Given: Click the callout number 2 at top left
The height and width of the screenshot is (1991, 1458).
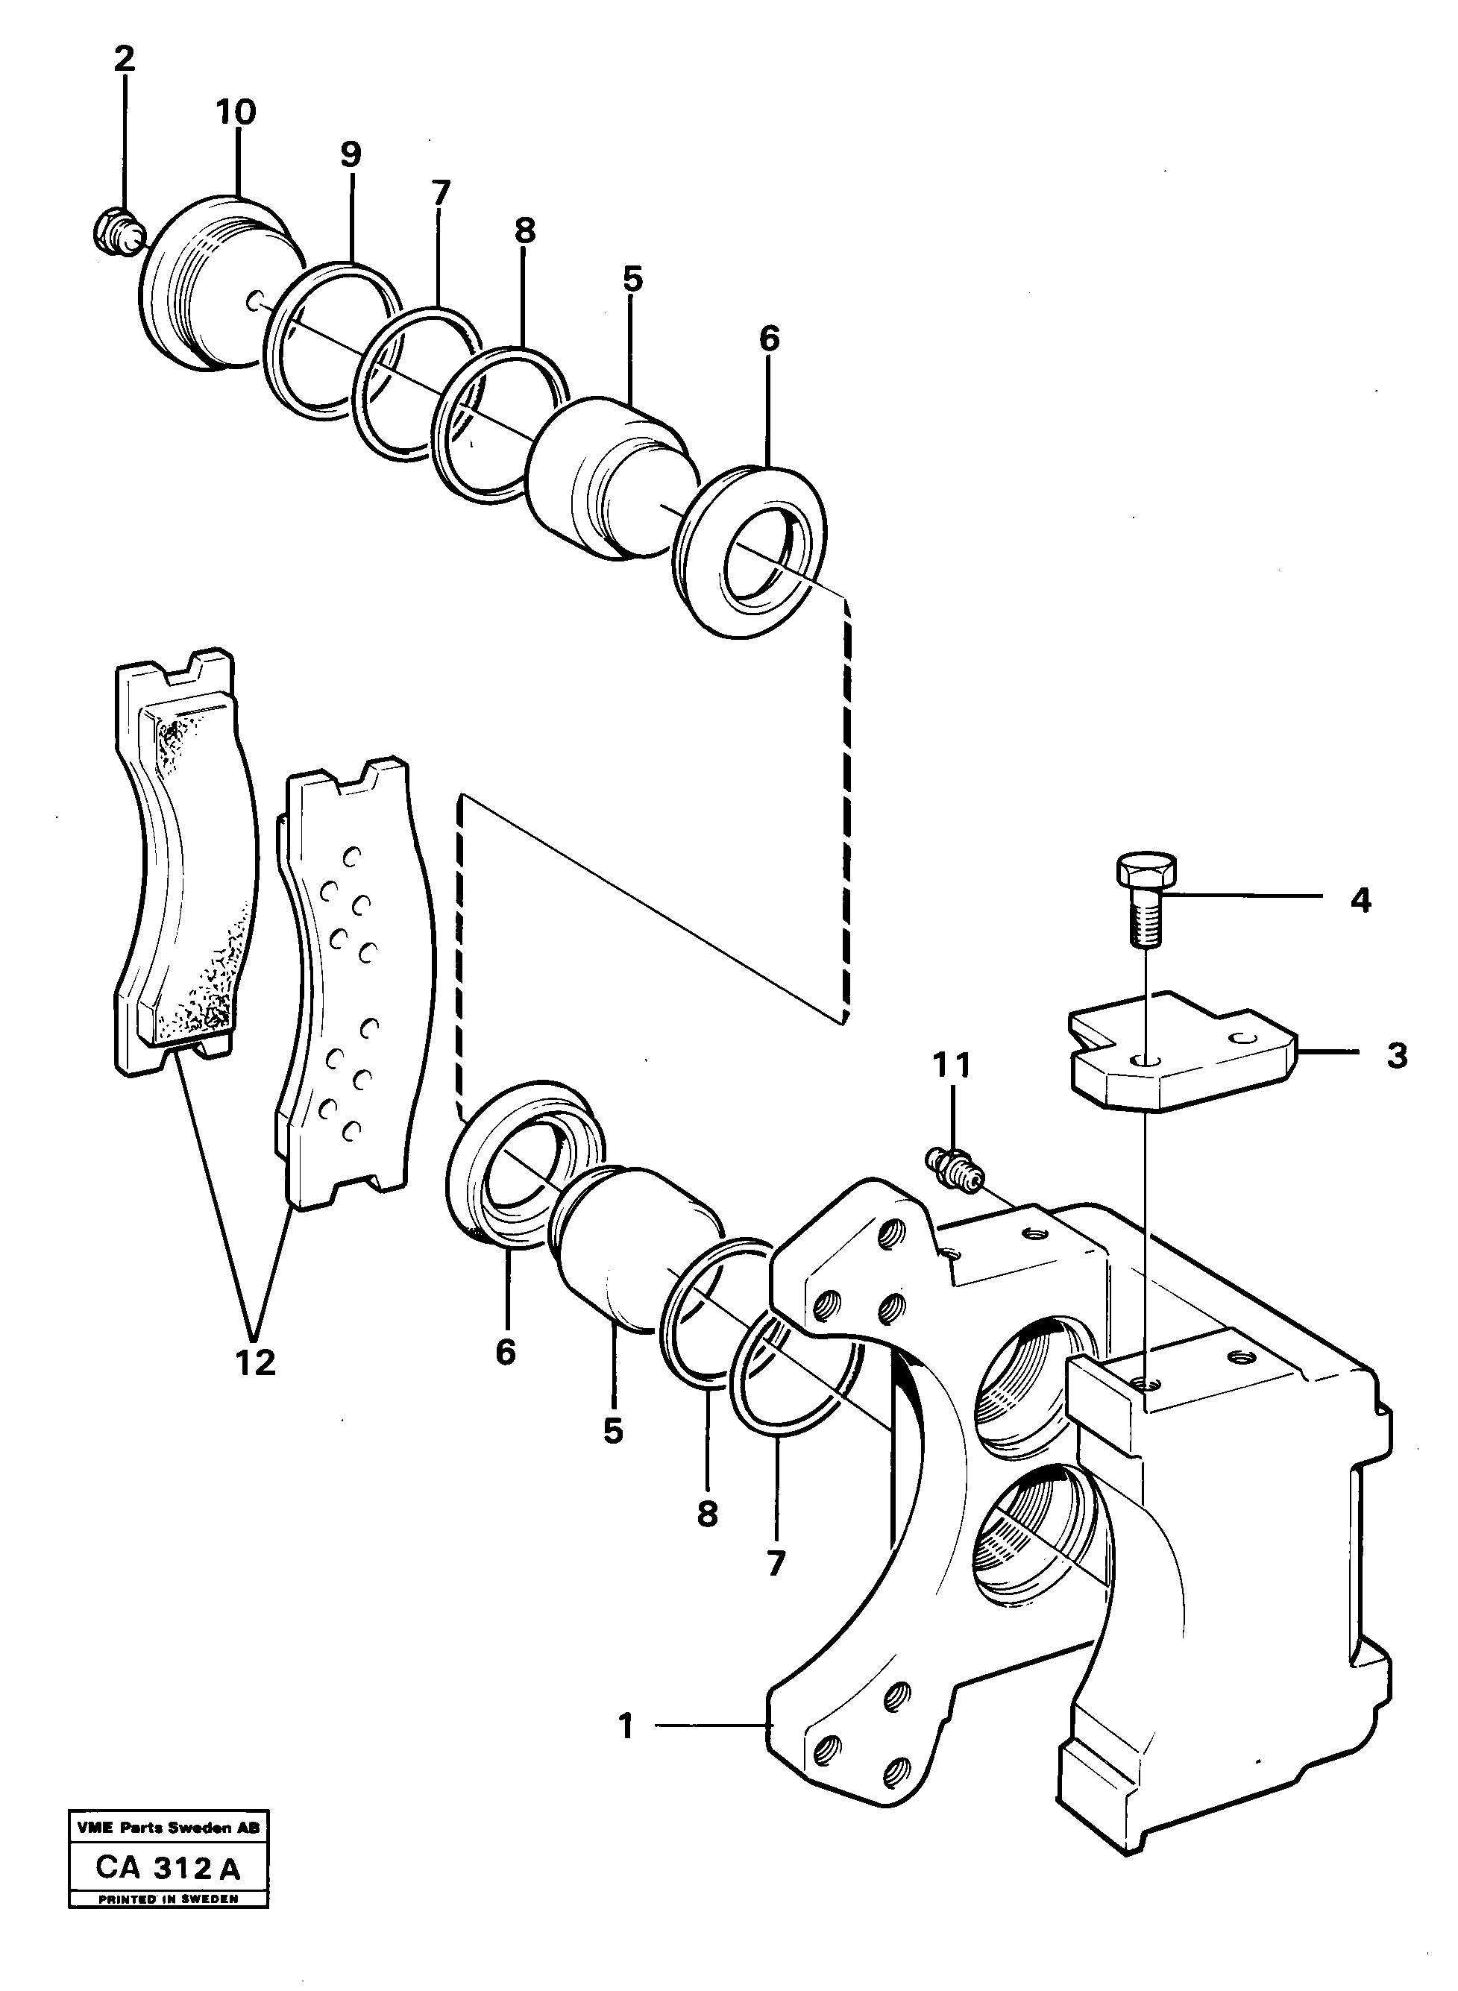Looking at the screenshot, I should tap(125, 60).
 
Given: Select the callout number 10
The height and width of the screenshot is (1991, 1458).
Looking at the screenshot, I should tap(236, 113).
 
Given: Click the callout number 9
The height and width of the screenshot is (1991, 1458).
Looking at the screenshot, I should tap(351, 155).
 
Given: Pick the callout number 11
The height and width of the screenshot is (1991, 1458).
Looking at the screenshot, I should tap(953, 1066).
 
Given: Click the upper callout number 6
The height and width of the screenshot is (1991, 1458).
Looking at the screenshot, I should tap(769, 338).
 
